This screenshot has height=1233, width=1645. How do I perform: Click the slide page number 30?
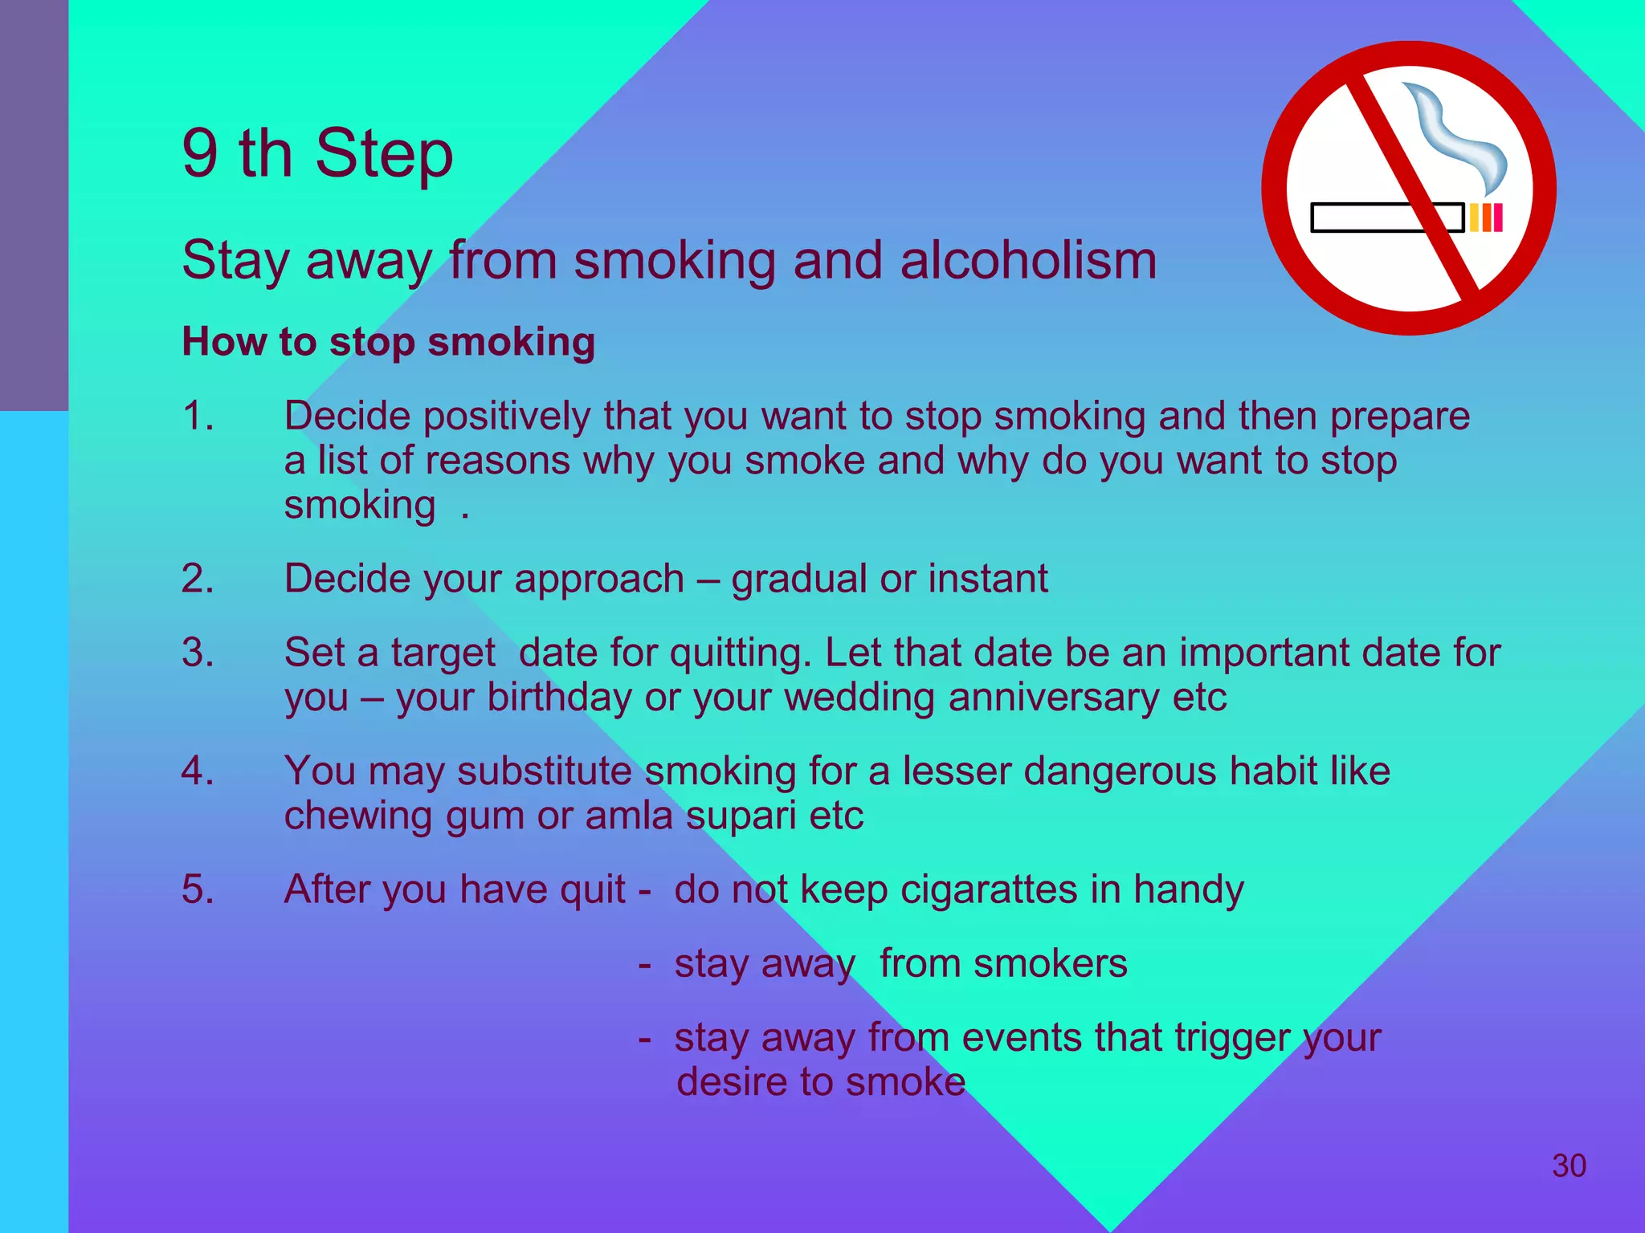point(1569,1166)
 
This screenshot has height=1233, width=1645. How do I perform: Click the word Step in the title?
point(384,154)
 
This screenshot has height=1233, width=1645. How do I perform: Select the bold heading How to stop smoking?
point(389,342)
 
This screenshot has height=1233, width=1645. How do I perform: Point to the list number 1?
point(198,417)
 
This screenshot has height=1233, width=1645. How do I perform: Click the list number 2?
point(198,579)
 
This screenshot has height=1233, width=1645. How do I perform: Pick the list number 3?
point(198,653)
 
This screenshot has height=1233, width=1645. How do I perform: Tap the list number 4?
point(198,771)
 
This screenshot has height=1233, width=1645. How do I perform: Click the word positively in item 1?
point(506,417)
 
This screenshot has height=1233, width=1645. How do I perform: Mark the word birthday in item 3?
point(559,698)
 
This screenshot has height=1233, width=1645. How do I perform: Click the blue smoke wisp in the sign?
point(1458,136)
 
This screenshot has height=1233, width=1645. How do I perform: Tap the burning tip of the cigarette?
point(1486,218)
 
